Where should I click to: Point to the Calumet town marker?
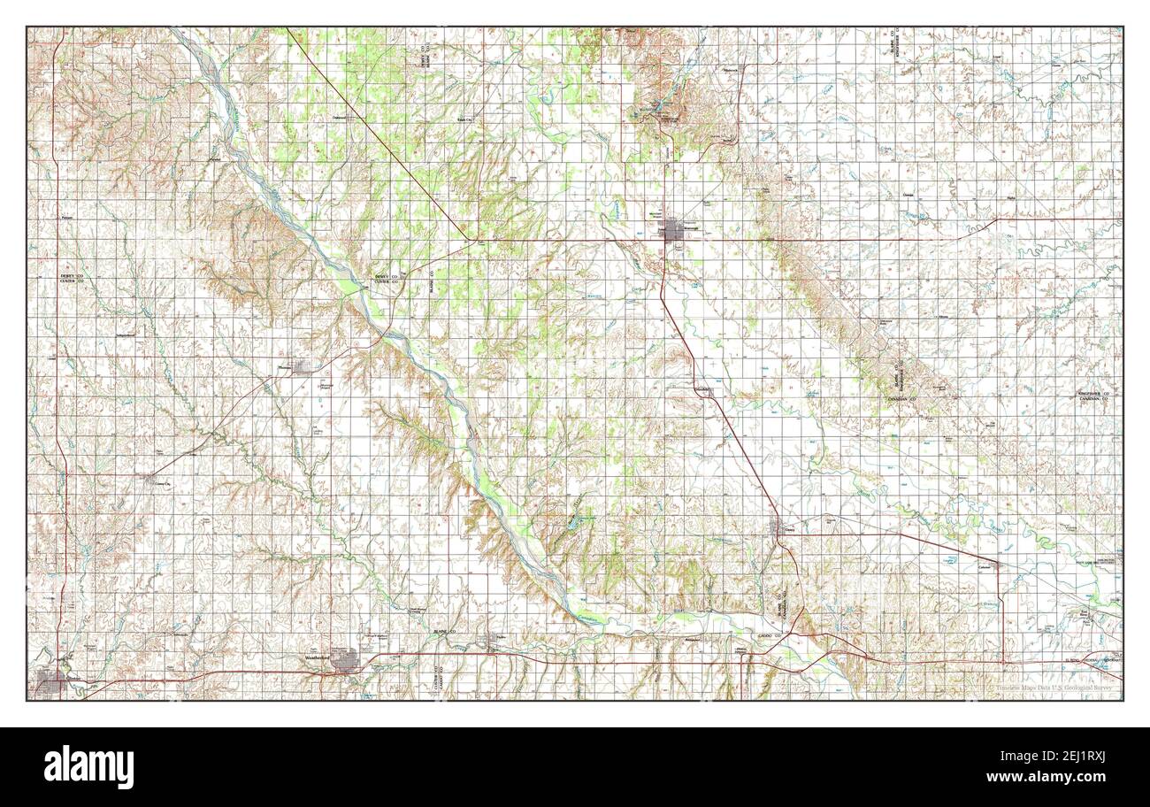994,564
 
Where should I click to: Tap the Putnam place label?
215,160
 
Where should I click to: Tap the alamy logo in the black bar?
88,766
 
